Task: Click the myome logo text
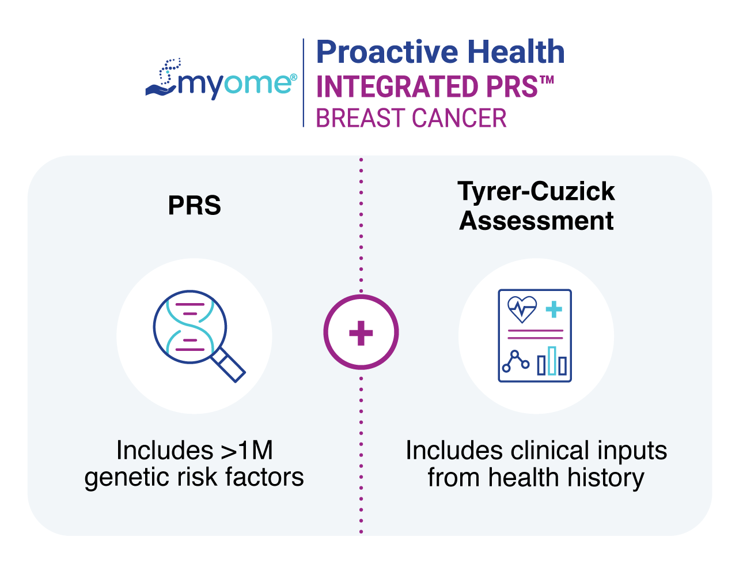(x=236, y=84)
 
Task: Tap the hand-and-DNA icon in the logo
(x=164, y=78)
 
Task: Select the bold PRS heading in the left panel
(x=194, y=206)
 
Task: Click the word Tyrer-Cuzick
(x=536, y=191)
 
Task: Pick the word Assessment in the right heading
(x=536, y=221)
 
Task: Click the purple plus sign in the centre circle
(x=361, y=332)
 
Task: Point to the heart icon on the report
(x=522, y=309)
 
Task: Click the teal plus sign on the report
(x=554, y=309)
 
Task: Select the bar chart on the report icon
(x=552, y=361)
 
